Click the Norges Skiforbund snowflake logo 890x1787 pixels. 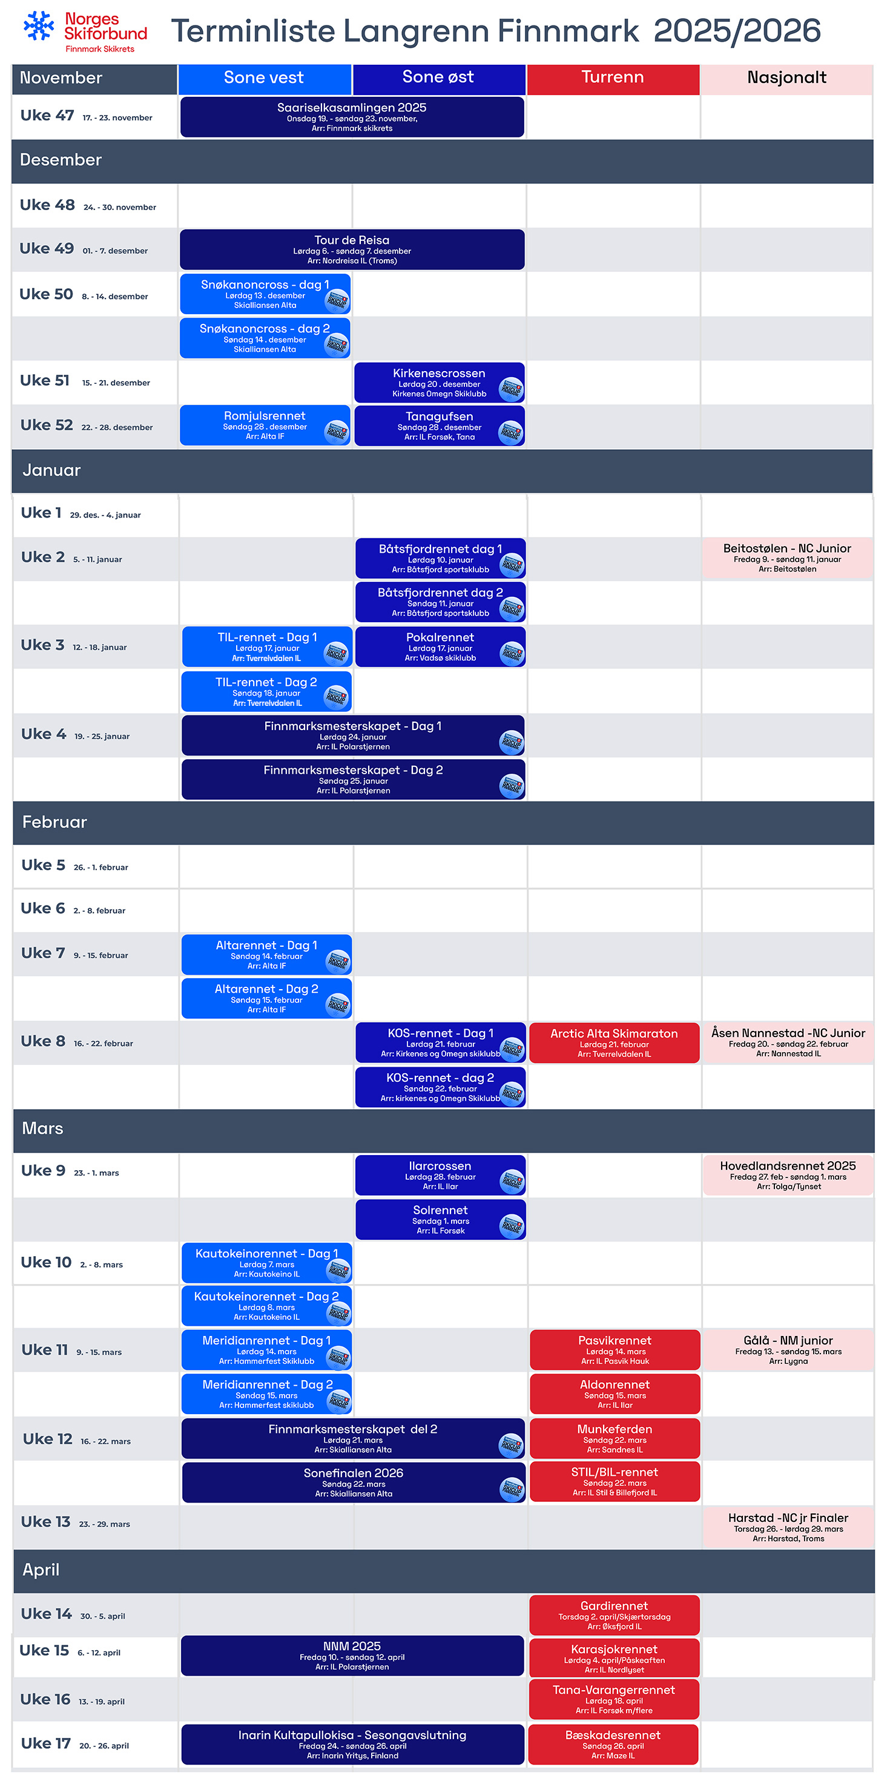click(39, 27)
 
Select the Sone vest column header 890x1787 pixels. click(265, 78)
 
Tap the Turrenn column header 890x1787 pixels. click(613, 78)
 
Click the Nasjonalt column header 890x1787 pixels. click(786, 78)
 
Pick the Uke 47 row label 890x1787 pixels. click(47, 116)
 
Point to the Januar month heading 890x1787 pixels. click(51, 470)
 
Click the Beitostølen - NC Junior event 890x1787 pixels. click(786, 558)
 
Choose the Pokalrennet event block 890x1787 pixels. click(440, 647)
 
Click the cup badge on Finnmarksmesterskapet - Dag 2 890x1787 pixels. click(512, 786)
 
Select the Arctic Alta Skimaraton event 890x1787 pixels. click(614, 1042)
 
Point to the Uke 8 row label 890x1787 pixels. click(43, 1041)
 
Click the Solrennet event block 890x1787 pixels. click(440, 1220)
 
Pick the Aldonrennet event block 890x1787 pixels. click(615, 1394)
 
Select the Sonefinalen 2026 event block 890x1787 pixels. click(353, 1483)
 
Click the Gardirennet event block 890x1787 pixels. click(614, 1615)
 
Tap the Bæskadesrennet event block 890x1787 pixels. click(613, 1745)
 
